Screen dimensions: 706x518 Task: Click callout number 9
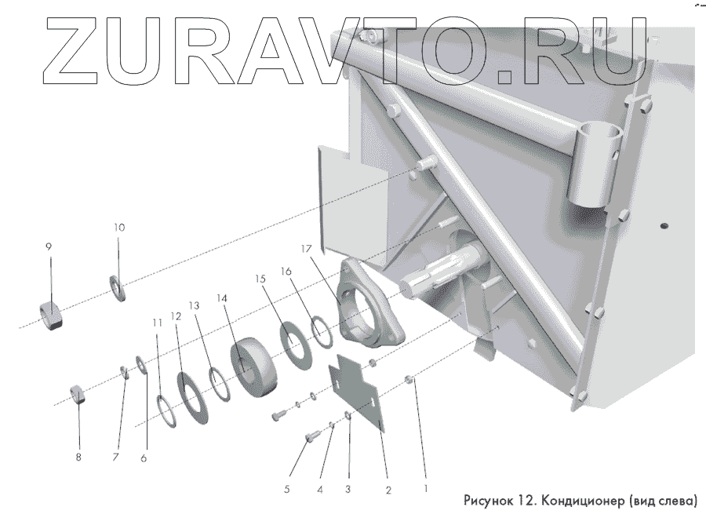[49, 246]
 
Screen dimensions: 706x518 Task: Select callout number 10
[118, 227]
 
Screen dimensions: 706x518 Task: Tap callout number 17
[306, 249]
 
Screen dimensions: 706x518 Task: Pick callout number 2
[388, 488]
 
